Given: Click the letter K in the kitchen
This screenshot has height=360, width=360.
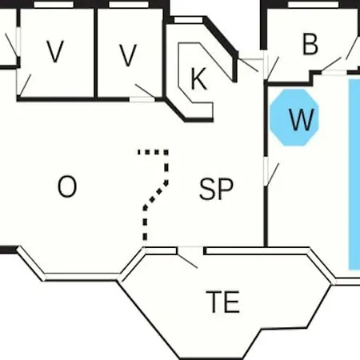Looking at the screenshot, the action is pos(199,78).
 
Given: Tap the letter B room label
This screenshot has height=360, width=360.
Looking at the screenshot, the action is pos(310,44).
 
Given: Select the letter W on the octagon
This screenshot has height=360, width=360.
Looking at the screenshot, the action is pos(302,120).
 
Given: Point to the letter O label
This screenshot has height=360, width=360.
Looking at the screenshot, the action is pos(67,186).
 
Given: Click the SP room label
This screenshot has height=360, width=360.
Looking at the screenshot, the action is pos(216,189).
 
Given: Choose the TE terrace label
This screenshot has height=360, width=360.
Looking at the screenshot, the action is pos(223,302).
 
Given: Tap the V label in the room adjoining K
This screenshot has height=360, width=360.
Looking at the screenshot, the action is pos(128,55).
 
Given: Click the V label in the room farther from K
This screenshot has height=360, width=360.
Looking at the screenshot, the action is pos(55,51).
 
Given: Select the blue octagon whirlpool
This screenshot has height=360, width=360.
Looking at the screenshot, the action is pos(294,118).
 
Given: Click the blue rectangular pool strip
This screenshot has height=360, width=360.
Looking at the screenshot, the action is pos(354,174).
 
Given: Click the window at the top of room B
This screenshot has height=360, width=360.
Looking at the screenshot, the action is pos(314,5).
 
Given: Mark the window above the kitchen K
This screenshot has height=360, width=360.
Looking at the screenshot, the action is pos(188,20).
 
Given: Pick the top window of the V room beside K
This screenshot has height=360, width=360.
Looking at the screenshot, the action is pos(129,5).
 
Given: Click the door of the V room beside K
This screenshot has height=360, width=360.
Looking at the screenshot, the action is pos(142,99).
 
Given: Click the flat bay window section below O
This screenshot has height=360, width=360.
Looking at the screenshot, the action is pos(82,277).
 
